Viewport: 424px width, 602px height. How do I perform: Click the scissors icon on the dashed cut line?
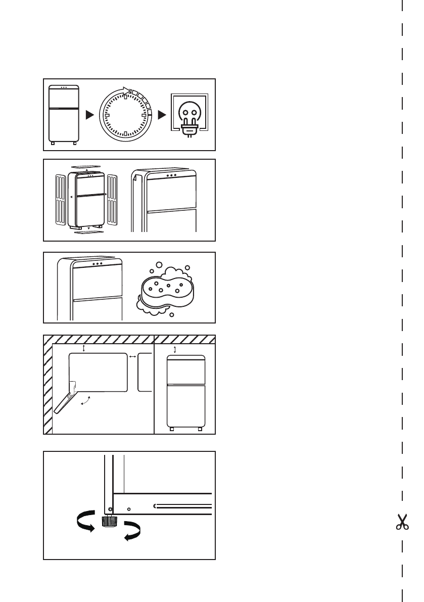(402, 522)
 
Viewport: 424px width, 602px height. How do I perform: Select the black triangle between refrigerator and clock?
(89, 115)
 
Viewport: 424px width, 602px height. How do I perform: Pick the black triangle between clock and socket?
(162, 115)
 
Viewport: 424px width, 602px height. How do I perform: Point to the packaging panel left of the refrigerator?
(60, 199)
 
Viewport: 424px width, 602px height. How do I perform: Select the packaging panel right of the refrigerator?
(112, 199)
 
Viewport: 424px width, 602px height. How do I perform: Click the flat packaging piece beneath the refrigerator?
(89, 233)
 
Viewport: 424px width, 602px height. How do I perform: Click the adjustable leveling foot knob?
(108, 521)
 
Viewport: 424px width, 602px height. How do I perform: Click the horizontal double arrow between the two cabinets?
(132, 357)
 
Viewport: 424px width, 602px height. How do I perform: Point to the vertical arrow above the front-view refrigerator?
(175, 350)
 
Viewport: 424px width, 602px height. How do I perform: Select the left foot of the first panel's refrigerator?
(54, 144)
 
